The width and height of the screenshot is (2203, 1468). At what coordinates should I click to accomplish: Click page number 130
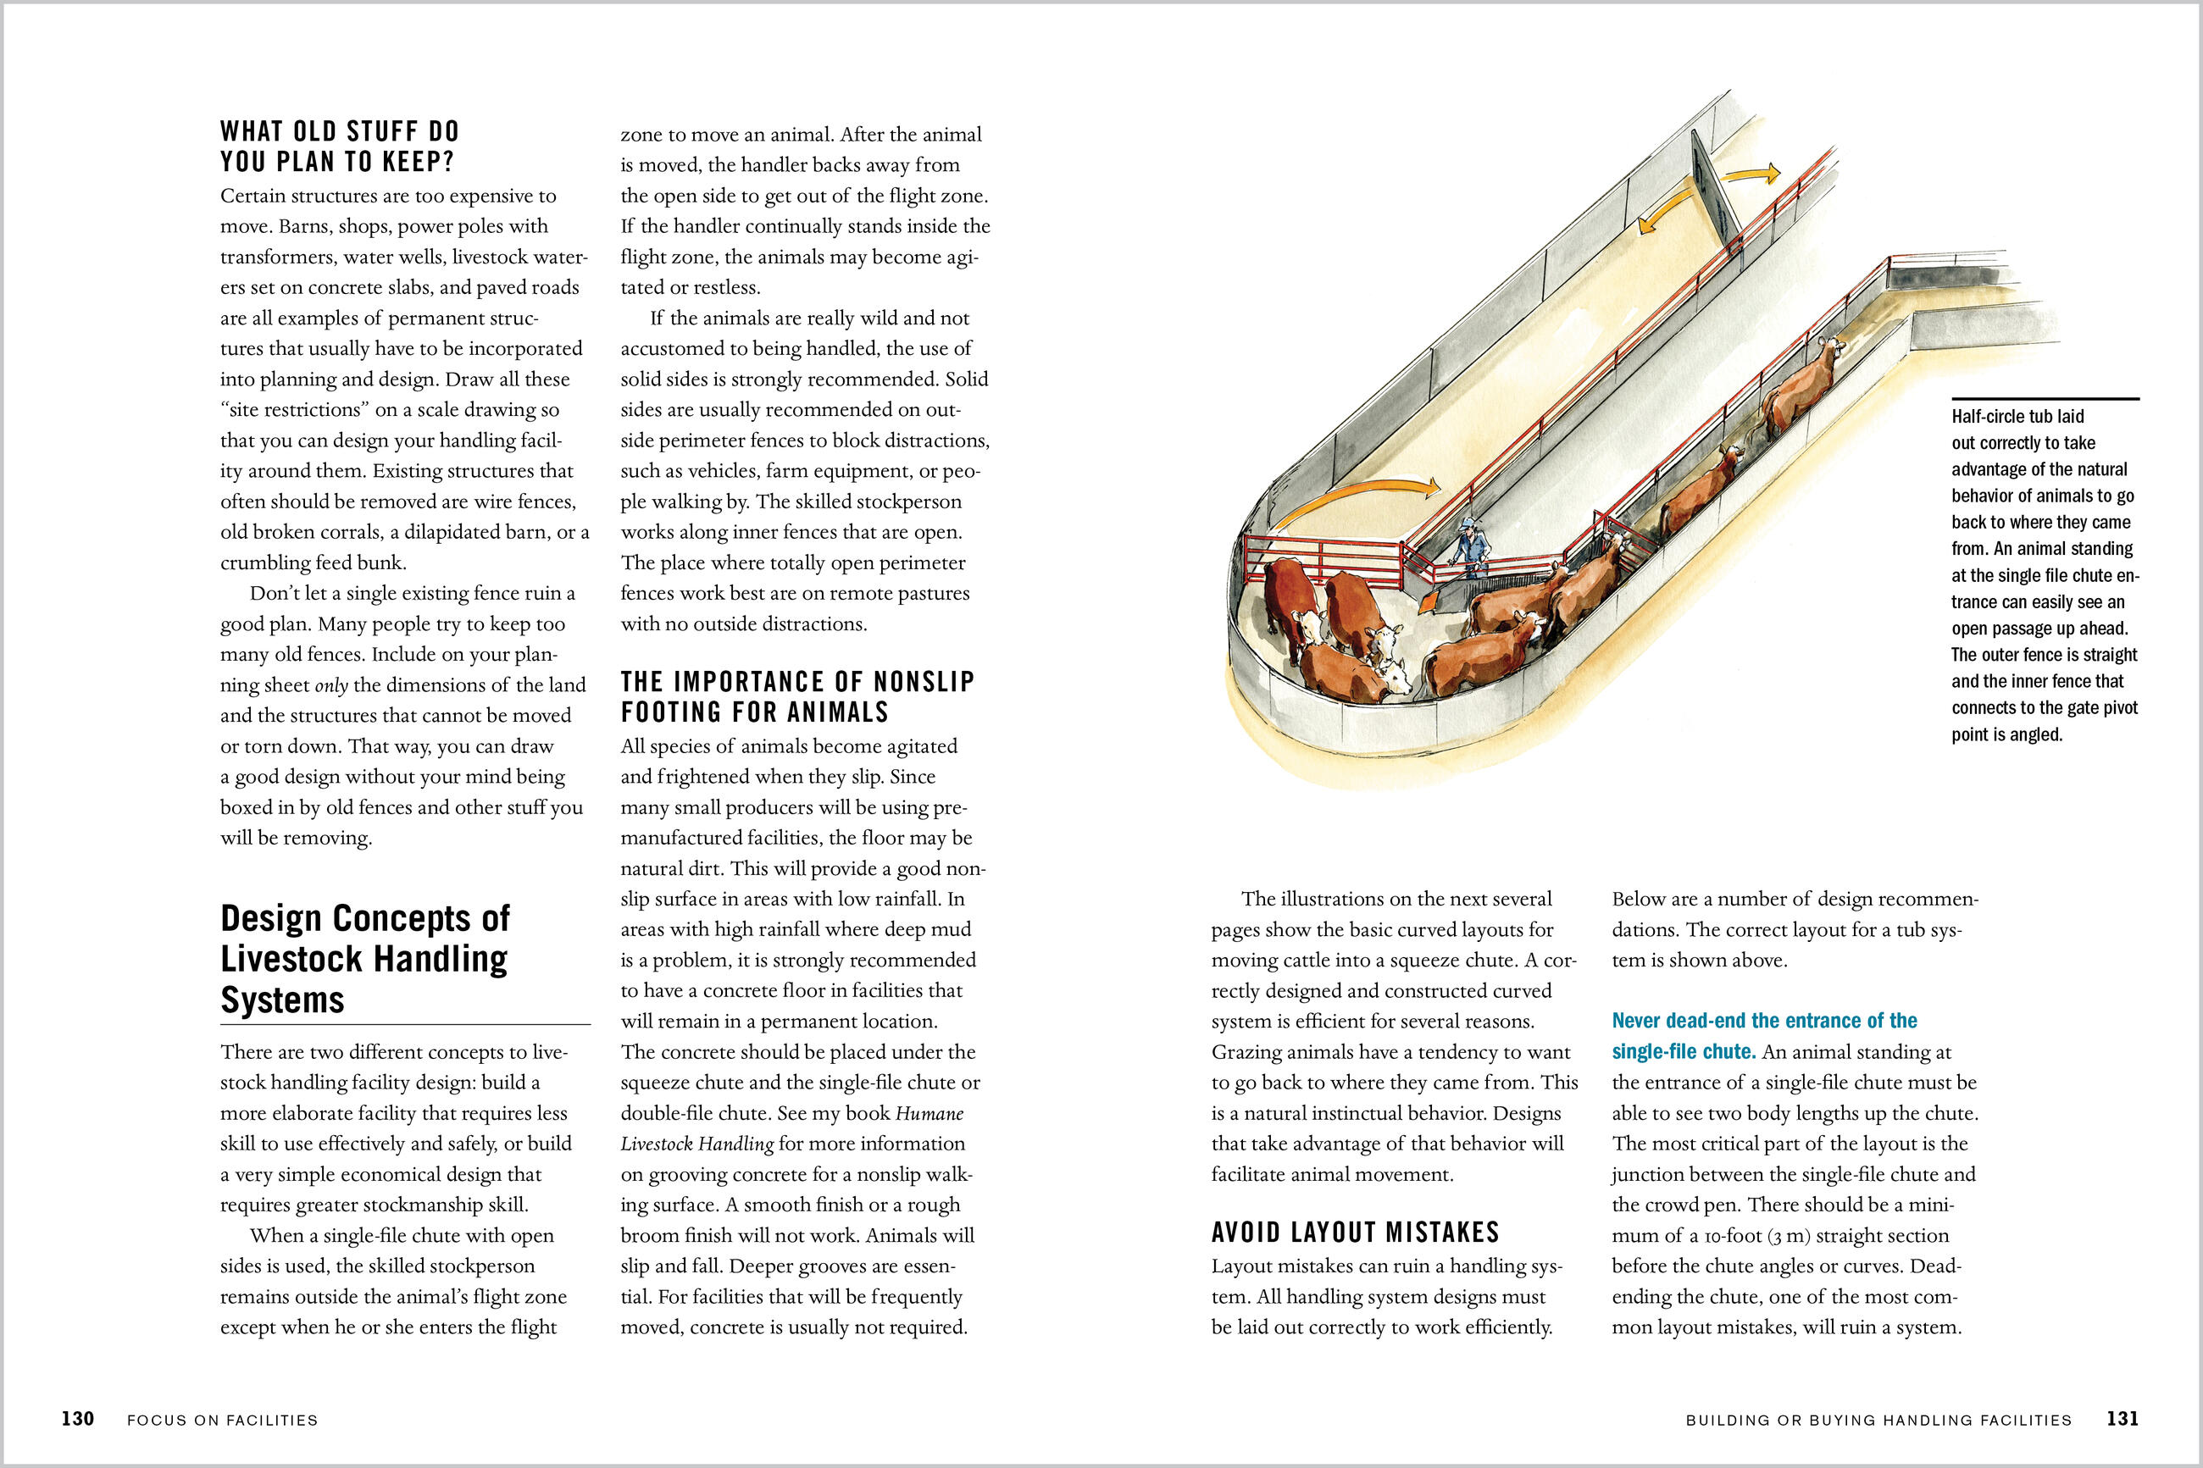click(78, 1418)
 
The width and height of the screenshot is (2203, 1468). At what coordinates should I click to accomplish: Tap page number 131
click(2123, 1418)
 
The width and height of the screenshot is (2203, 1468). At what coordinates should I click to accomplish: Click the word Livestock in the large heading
click(364, 959)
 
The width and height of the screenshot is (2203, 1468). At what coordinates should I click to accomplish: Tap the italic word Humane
click(929, 1113)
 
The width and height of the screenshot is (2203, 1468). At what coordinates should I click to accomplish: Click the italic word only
click(330, 685)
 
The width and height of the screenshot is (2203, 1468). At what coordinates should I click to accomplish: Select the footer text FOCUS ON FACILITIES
click(223, 1421)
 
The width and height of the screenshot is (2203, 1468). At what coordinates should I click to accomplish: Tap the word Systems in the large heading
click(283, 1000)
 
